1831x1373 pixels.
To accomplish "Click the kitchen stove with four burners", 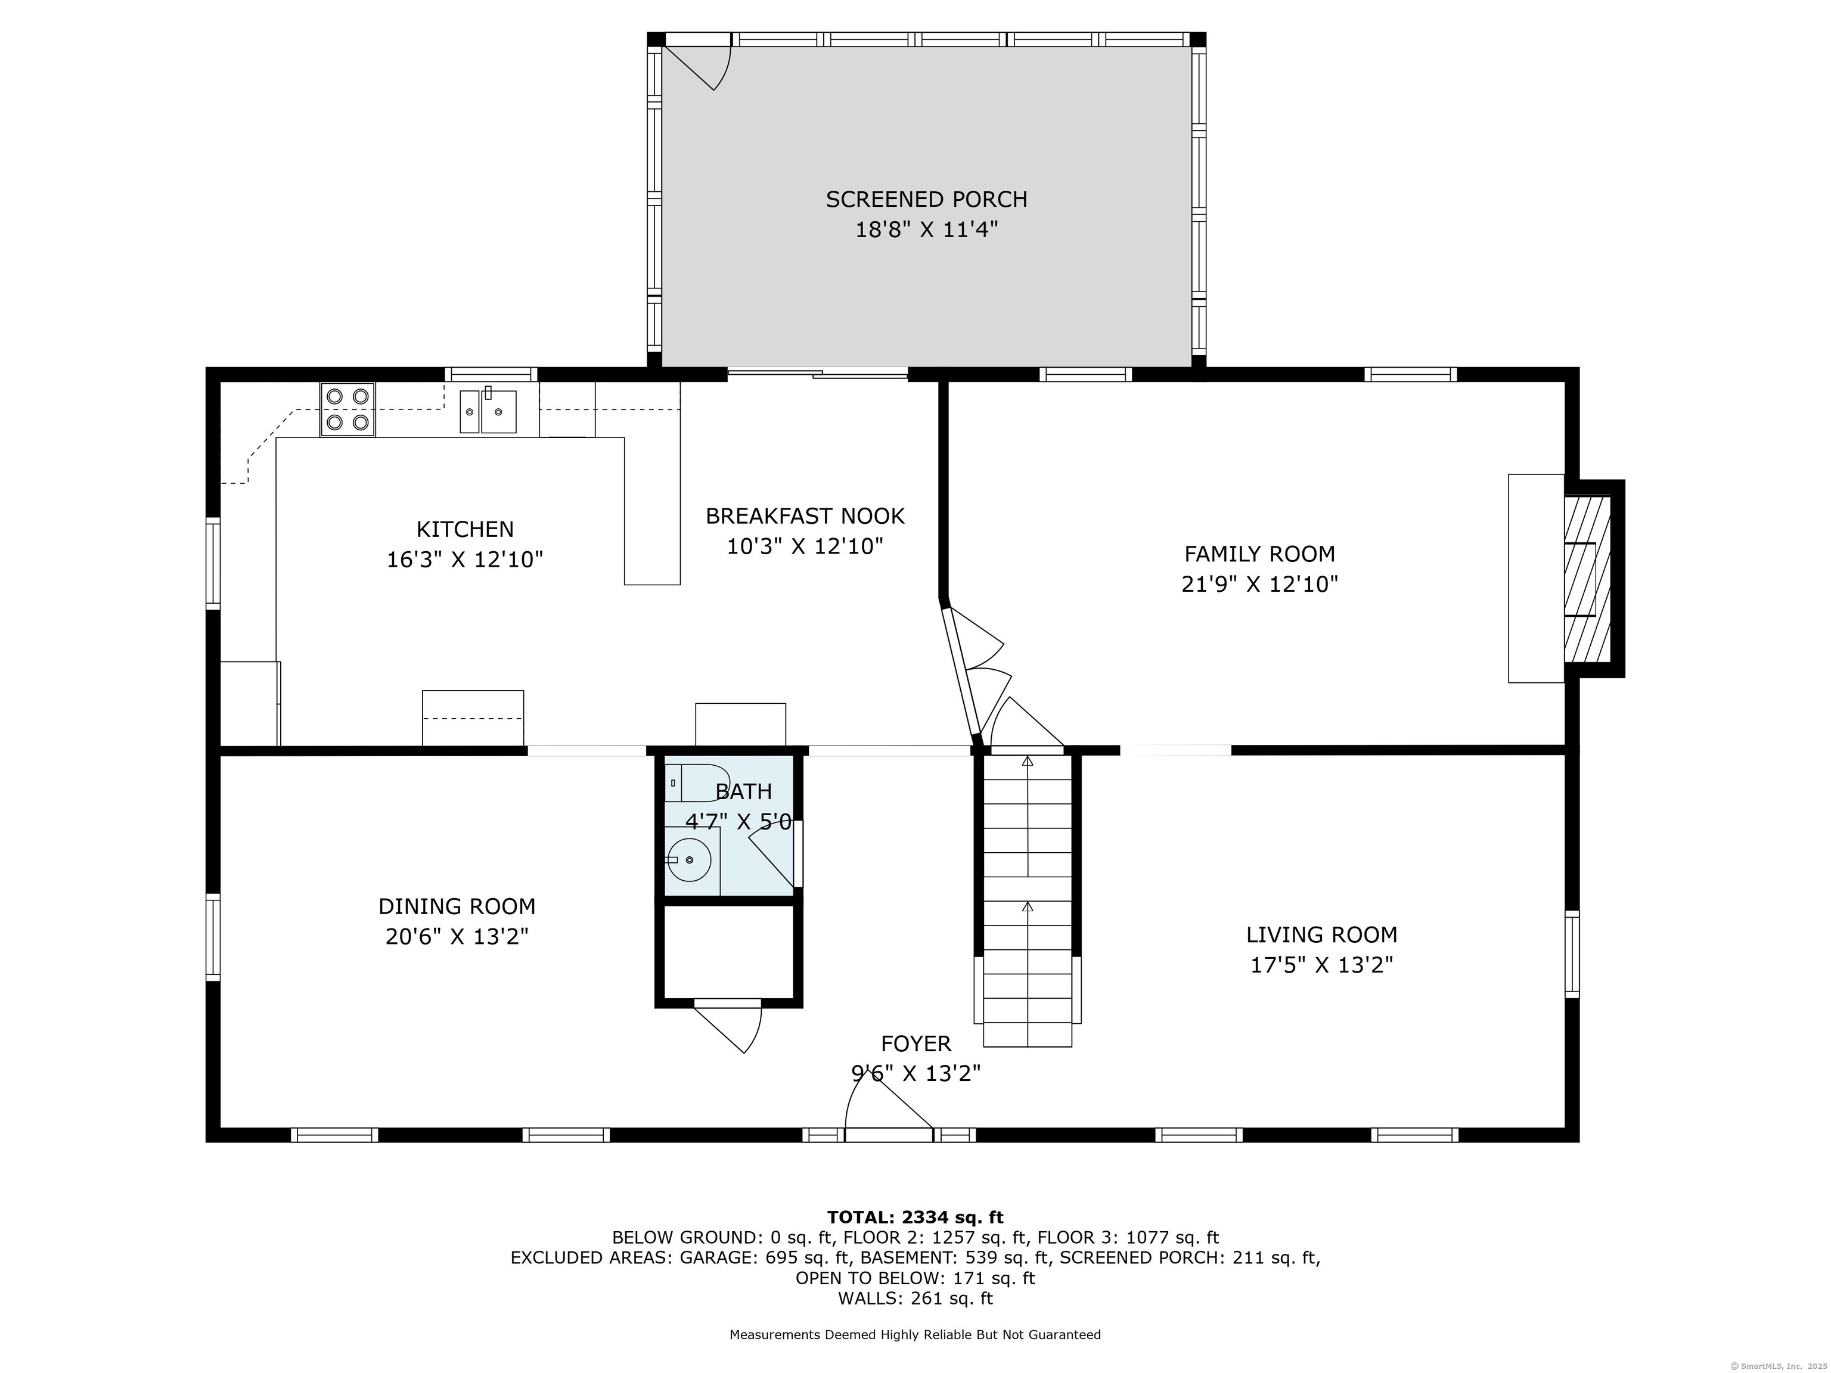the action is click(x=347, y=409).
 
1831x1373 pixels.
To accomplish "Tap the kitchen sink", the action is click(x=488, y=411).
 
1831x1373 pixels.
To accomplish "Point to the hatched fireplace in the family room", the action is click(x=1587, y=579).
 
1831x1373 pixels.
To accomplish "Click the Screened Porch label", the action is click(x=926, y=200).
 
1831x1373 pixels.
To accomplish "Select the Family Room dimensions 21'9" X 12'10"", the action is click(x=1259, y=584).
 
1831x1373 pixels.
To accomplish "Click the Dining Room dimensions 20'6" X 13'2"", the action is click(x=457, y=936).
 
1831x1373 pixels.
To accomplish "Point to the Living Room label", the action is click(x=1322, y=935).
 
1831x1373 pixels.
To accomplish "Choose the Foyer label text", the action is click(x=915, y=1043).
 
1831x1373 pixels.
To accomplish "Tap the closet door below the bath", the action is click(x=728, y=1026).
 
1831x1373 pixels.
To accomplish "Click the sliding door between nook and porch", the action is click(x=818, y=374).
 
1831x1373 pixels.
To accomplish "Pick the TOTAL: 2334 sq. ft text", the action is click(x=915, y=1217).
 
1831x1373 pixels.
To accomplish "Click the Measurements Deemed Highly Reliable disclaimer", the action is click(x=915, y=1335).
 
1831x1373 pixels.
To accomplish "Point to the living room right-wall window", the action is click(x=1572, y=954).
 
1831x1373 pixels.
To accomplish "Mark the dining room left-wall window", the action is click(x=213, y=937).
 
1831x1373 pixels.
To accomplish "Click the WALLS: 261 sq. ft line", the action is click(x=915, y=1299).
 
